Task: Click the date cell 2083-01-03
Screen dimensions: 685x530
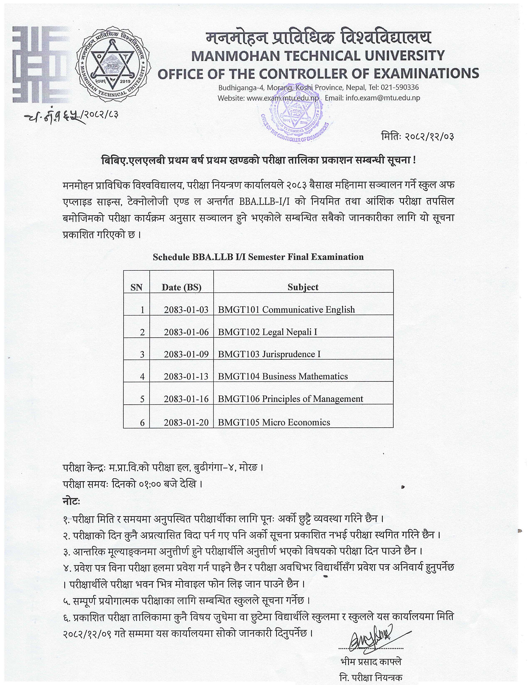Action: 186,309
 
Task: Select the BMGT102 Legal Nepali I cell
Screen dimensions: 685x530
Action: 267,332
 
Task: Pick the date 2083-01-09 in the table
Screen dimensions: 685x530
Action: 186,354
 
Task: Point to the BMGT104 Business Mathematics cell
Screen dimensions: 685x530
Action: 283,376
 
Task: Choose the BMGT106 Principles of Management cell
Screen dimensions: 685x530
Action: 290,399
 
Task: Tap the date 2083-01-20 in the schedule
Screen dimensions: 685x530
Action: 186,422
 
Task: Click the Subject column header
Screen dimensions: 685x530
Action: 303,287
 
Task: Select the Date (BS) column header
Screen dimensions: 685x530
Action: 181,287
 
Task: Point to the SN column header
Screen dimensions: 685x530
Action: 136,287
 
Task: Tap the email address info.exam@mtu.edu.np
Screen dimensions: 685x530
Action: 383,98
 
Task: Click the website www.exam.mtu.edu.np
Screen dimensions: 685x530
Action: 283,98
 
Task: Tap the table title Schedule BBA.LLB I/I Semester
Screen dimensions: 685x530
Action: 258,257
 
